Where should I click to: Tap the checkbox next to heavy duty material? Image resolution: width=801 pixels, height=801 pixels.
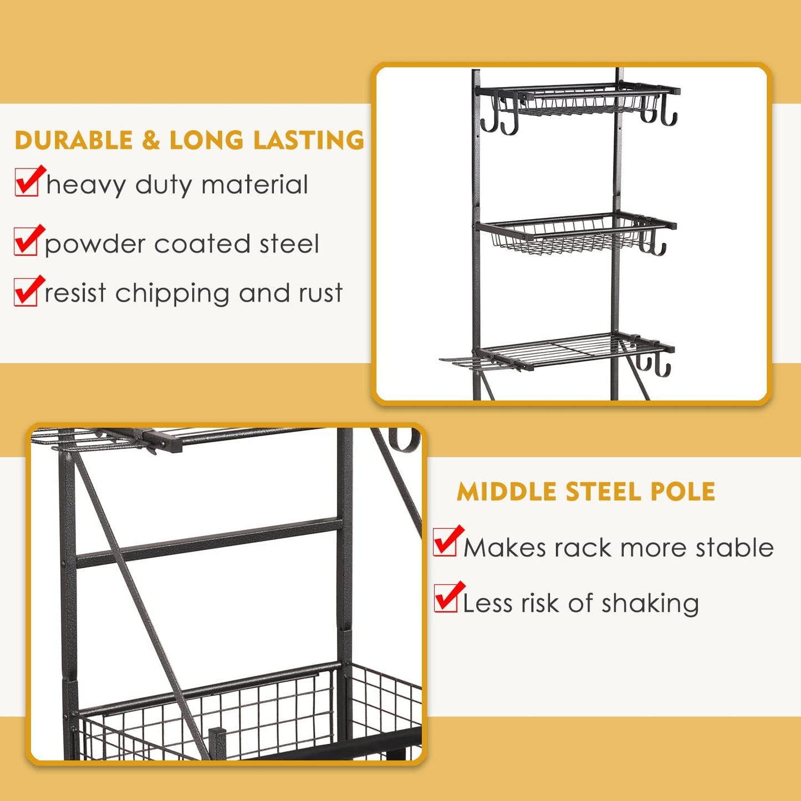27,183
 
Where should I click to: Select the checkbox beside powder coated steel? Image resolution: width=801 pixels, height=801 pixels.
25,242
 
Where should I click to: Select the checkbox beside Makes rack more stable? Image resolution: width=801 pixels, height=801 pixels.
445,543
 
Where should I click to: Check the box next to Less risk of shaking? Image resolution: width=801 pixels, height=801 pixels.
446,599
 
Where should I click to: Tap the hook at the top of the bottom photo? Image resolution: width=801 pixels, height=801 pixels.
402,440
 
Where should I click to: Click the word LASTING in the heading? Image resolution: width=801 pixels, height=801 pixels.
309,140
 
